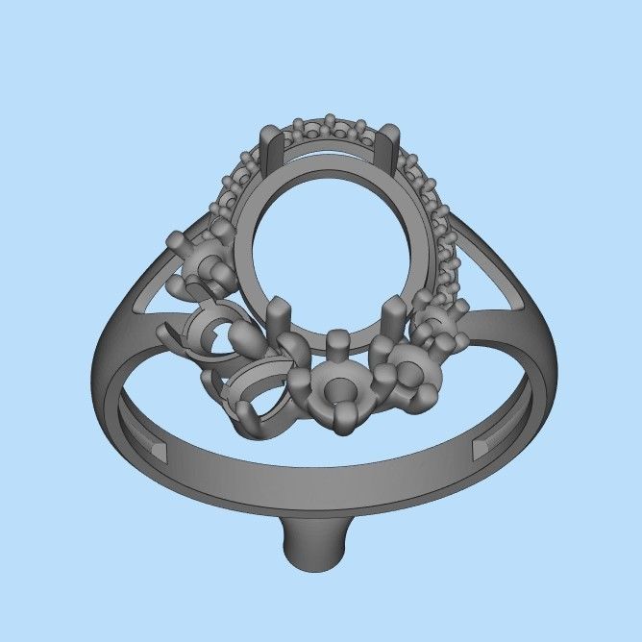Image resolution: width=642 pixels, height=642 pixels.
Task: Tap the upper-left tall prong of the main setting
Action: click(270, 152)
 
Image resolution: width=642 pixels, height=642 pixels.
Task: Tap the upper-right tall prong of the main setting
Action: click(392, 150)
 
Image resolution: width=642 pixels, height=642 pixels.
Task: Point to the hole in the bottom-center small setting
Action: click(337, 389)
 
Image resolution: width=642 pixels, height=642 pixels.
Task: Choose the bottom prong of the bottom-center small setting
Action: click(338, 423)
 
